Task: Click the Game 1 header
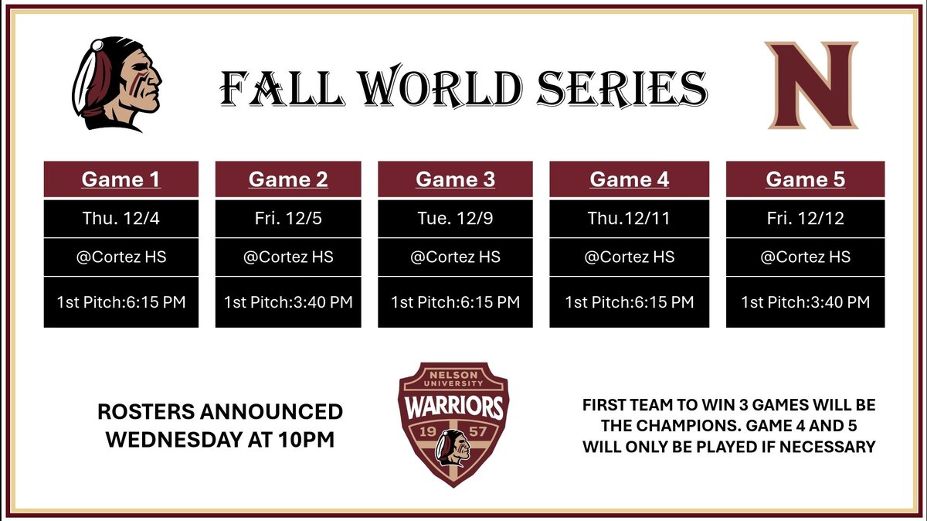pyautogui.click(x=121, y=179)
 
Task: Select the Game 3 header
pyautogui.click(x=455, y=179)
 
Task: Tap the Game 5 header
pyautogui.click(x=805, y=179)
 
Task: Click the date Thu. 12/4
pyautogui.click(x=121, y=219)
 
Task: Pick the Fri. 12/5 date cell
pyautogui.click(x=288, y=219)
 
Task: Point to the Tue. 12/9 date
pyautogui.click(x=455, y=219)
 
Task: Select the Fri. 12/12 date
pyautogui.click(x=805, y=219)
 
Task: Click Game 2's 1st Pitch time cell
pyautogui.click(x=288, y=301)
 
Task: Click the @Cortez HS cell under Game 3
pyautogui.click(x=455, y=257)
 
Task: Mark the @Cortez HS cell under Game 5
pyautogui.click(x=805, y=257)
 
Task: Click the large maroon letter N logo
pyautogui.click(x=812, y=85)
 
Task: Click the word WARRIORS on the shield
pyautogui.click(x=453, y=407)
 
